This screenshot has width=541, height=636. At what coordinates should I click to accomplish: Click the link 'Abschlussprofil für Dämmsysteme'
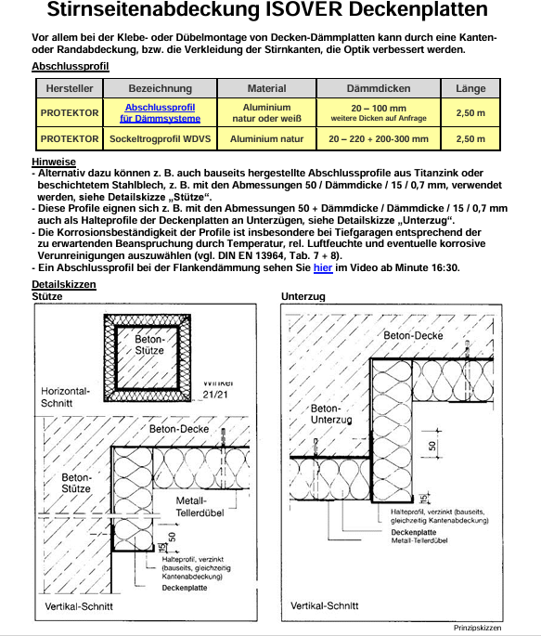(160, 112)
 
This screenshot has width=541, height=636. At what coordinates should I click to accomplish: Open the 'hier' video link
(323, 267)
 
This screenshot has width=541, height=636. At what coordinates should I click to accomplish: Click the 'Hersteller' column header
(70, 88)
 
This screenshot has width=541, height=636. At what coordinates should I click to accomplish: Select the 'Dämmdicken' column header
(379, 88)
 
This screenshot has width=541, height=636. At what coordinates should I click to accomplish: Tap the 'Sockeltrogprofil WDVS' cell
(160, 138)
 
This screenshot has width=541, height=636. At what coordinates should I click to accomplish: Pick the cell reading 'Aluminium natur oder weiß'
(266, 112)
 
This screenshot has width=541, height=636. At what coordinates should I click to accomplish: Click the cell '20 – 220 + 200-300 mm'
(379, 138)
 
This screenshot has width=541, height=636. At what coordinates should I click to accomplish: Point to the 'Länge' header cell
(470, 88)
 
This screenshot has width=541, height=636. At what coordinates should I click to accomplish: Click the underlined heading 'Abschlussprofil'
(71, 66)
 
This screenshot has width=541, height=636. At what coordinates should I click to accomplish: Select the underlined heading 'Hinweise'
(54, 162)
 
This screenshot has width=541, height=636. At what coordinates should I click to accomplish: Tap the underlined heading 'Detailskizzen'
(64, 284)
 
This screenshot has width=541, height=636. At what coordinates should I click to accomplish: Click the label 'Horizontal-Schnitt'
(65, 397)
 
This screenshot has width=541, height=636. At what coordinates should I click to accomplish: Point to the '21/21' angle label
(215, 395)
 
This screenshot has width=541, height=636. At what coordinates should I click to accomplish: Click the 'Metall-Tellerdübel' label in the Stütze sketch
(200, 507)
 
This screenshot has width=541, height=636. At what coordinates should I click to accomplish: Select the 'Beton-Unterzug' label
(331, 414)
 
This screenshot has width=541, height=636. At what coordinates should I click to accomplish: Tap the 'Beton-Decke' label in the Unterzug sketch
(413, 335)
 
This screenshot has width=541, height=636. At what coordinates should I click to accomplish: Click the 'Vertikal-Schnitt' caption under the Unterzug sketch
(325, 605)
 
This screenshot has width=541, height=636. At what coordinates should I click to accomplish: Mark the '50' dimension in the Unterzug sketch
(432, 446)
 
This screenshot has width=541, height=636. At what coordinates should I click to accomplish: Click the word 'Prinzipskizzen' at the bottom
(477, 628)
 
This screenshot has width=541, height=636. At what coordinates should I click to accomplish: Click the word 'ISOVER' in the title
(304, 9)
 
